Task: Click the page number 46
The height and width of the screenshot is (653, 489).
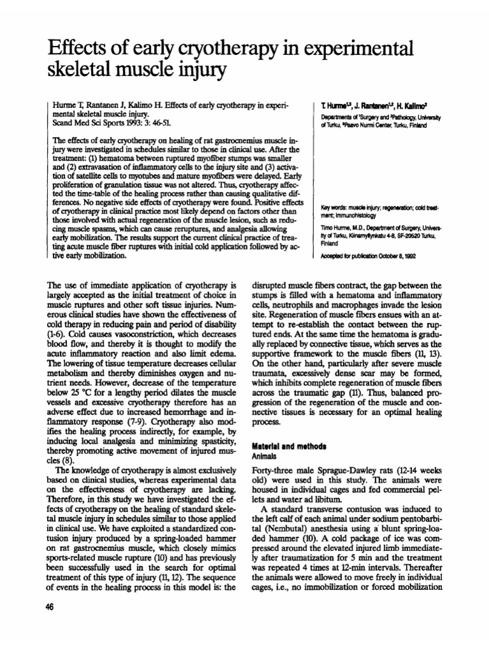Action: (x=50, y=606)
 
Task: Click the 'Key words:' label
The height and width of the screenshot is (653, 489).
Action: (x=334, y=207)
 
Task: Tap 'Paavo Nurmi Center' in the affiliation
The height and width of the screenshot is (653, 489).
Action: (x=364, y=126)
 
